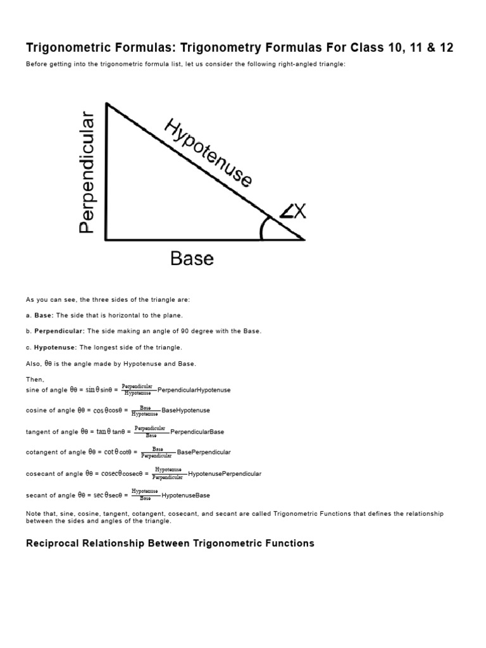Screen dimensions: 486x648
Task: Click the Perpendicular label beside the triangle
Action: tap(87, 173)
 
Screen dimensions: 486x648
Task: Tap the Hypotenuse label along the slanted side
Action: tap(208, 152)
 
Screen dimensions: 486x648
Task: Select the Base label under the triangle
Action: tap(192, 258)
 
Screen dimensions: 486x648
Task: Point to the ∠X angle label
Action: tap(293, 211)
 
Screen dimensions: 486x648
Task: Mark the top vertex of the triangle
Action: tap(106, 104)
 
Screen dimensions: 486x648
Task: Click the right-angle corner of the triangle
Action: tap(106, 240)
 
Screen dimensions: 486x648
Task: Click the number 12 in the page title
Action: tap(445, 48)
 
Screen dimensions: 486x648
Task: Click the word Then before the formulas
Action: tap(34, 380)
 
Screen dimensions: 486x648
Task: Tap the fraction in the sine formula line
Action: tap(137, 389)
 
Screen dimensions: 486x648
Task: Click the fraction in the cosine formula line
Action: tap(146, 410)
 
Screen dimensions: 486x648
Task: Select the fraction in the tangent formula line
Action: tap(150, 431)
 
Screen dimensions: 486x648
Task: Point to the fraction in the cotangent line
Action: tap(158, 452)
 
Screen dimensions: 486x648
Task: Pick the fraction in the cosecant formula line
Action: tap(168, 473)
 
